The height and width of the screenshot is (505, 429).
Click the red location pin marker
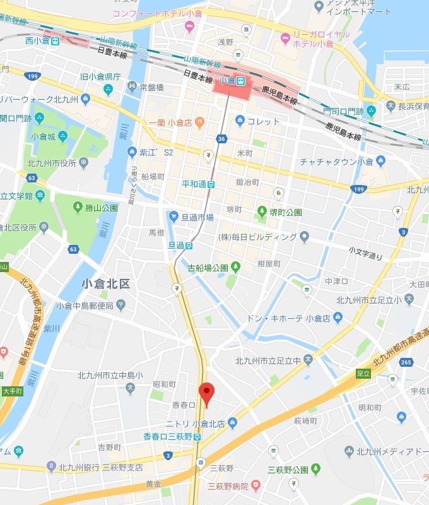point(207,392)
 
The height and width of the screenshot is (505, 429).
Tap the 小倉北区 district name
point(106,284)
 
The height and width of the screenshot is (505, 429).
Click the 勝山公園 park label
point(101,207)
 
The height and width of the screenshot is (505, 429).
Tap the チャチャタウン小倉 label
point(336,162)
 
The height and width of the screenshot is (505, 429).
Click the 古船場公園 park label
point(208,268)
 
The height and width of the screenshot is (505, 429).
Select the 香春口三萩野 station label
point(167,437)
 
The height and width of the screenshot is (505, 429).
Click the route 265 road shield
point(406,362)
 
